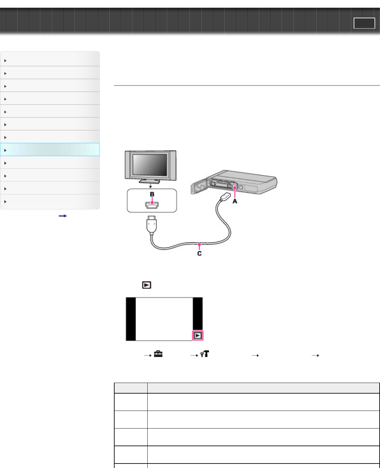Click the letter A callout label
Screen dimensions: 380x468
coord(235,201)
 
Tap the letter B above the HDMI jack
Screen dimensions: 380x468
coord(152,194)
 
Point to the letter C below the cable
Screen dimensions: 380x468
coord(199,253)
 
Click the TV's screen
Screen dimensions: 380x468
coord(150,165)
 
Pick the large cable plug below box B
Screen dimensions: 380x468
coord(152,225)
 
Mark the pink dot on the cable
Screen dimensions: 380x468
coord(199,244)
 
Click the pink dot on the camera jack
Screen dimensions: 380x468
coord(235,188)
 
